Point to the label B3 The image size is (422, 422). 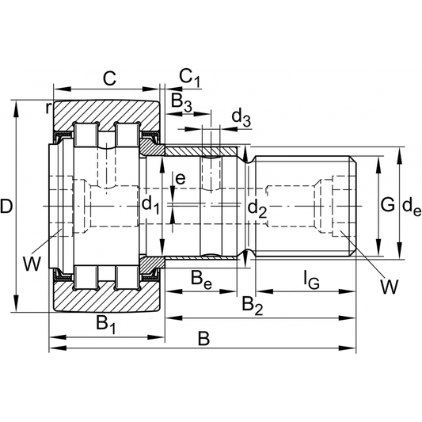(181, 101)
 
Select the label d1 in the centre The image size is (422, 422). (150, 206)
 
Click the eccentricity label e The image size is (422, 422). (181, 179)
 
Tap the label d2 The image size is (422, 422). (256, 208)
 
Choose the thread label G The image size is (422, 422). (386, 206)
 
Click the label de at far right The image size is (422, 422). (410, 207)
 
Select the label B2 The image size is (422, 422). (252, 303)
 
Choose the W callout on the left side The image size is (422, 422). (31, 263)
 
